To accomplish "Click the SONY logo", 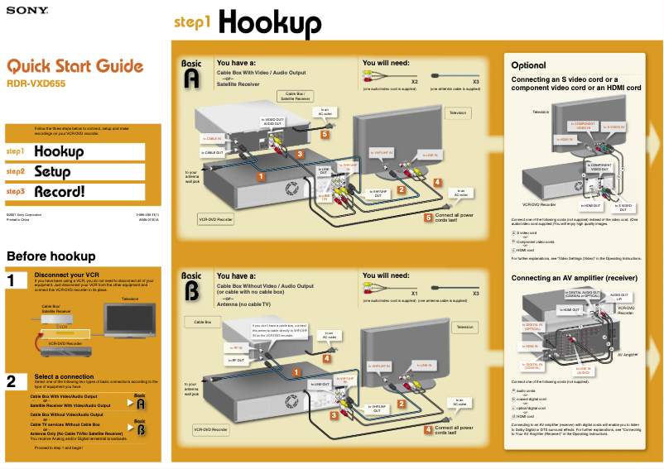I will tap(26, 12).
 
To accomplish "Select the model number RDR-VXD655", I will tap(36, 83).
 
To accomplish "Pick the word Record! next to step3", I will tap(59, 192).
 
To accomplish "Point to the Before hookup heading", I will tap(51, 256).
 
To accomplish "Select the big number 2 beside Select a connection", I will tap(12, 381).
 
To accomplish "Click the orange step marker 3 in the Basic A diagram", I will tap(300, 154).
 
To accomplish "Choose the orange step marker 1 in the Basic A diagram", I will tap(260, 176).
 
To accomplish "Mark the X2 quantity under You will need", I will tap(414, 82).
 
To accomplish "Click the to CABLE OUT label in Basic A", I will tap(213, 153).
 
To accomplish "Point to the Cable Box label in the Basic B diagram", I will tap(204, 321).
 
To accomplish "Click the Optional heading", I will tap(528, 65).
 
